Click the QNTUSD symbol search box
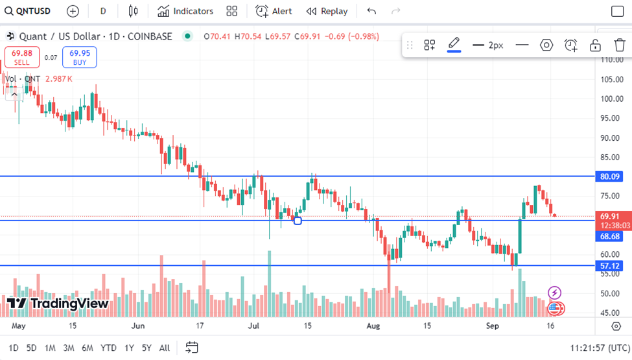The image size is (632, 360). pyautogui.click(x=29, y=11)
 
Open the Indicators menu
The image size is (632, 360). pyautogui.click(x=185, y=11)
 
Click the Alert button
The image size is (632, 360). pyautogui.click(x=274, y=11)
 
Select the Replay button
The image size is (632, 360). pyautogui.click(x=327, y=11)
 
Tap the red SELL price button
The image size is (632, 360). pyautogui.click(x=22, y=57)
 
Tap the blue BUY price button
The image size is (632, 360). pyautogui.click(x=80, y=57)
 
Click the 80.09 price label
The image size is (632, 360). pyautogui.click(x=610, y=176)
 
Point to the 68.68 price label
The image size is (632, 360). pyautogui.click(x=610, y=237)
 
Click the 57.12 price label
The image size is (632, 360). pyautogui.click(x=610, y=266)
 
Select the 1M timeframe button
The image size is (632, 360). pyautogui.click(x=50, y=348)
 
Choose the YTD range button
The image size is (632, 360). pyautogui.click(x=108, y=348)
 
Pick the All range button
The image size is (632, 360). pyautogui.click(x=165, y=348)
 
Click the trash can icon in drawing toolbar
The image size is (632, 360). pyautogui.click(x=620, y=45)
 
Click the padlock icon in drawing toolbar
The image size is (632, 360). pyautogui.click(x=595, y=45)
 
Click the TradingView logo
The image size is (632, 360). pyautogui.click(x=58, y=303)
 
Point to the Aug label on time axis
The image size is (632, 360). pyautogui.click(x=373, y=325)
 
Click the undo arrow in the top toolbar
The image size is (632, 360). pyautogui.click(x=371, y=11)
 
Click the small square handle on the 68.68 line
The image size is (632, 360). pyautogui.click(x=298, y=221)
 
